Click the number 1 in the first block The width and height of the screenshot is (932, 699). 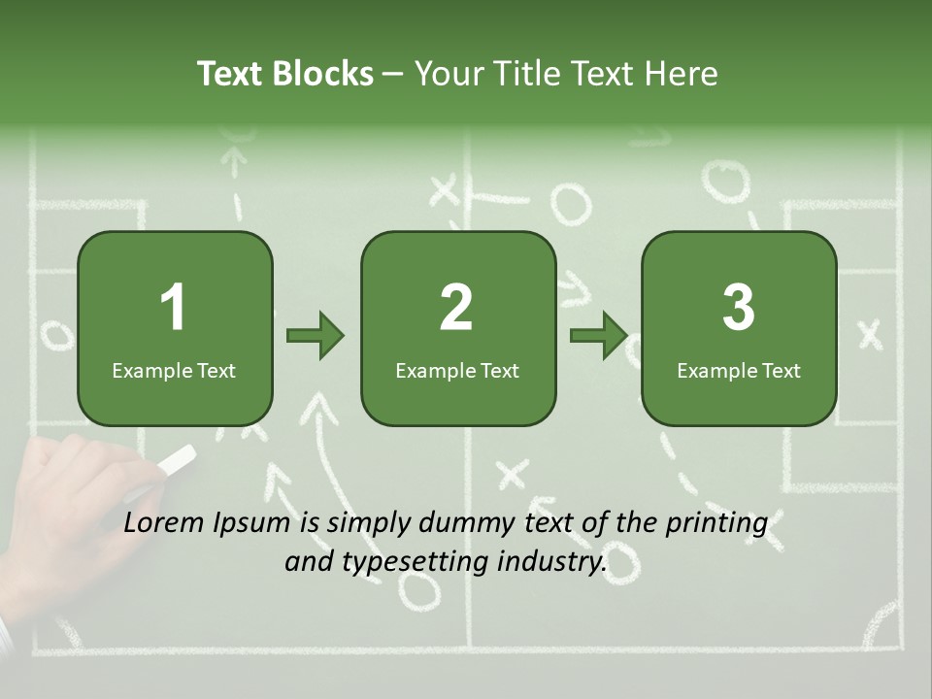[x=174, y=308]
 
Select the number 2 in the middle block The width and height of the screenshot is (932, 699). [x=456, y=308]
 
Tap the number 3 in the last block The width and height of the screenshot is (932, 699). [x=739, y=308]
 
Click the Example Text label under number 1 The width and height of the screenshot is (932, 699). [x=174, y=370]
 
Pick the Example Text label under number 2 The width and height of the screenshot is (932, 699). [x=457, y=370]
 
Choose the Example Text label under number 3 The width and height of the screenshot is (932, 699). [x=739, y=370]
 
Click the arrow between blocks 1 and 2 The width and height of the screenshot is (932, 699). [x=316, y=336]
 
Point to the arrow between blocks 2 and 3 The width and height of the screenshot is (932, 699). [x=599, y=336]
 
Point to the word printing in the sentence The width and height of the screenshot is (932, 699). [x=716, y=524]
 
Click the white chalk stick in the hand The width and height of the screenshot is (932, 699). [x=176, y=461]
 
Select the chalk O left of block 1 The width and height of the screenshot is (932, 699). [x=56, y=336]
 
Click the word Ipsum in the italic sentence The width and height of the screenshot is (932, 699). [x=253, y=524]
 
